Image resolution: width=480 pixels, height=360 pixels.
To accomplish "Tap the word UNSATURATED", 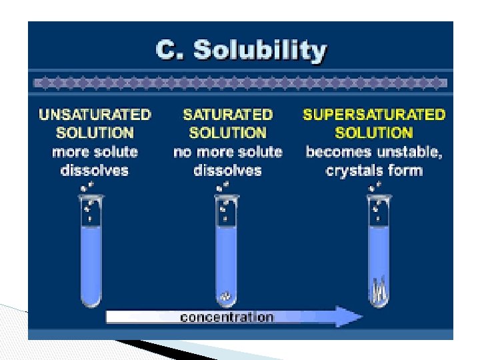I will pyautogui.click(x=95, y=115).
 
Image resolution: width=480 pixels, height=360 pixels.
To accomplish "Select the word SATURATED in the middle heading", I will pyautogui.click(x=227, y=115).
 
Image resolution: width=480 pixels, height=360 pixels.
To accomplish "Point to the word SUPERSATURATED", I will pyautogui.click(x=373, y=115).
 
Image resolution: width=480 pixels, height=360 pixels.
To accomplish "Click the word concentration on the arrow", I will pyautogui.click(x=227, y=317).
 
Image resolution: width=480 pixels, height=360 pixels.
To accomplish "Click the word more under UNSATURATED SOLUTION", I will pyautogui.click(x=69, y=152).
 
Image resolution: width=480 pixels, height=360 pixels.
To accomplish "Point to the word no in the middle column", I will pyautogui.click(x=182, y=152).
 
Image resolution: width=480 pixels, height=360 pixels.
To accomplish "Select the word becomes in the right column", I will pyautogui.click(x=335, y=152).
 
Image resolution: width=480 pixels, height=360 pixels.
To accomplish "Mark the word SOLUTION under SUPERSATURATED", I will pyautogui.click(x=373, y=133).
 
